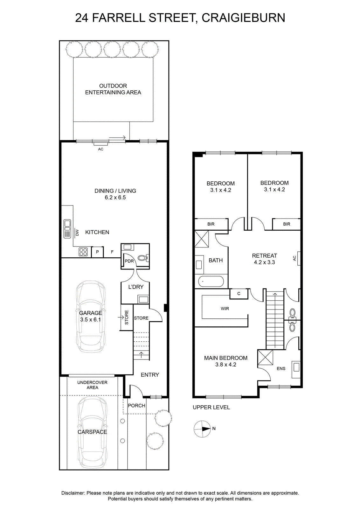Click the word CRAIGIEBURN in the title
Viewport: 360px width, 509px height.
[243, 18]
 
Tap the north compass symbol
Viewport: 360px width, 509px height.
[202, 429]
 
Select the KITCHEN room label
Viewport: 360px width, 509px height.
[97, 232]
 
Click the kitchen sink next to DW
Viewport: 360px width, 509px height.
[67, 229]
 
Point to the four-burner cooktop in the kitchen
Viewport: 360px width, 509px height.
[83, 252]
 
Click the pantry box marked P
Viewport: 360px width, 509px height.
[97, 252]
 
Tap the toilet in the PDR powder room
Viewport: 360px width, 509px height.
[143, 258]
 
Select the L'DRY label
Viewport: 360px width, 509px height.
[136, 287]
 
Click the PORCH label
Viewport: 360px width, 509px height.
[136, 406]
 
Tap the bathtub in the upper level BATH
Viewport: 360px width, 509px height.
[211, 282]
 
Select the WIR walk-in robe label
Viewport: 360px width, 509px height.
[225, 309]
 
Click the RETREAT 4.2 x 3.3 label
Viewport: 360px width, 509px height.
[264, 259]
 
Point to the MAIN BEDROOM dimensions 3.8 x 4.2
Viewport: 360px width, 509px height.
[226, 365]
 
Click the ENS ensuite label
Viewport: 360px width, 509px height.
[281, 369]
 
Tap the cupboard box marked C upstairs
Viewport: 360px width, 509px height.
[239, 294]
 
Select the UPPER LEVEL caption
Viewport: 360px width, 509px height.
[211, 408]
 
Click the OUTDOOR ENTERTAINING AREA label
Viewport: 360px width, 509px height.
[113, 89]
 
